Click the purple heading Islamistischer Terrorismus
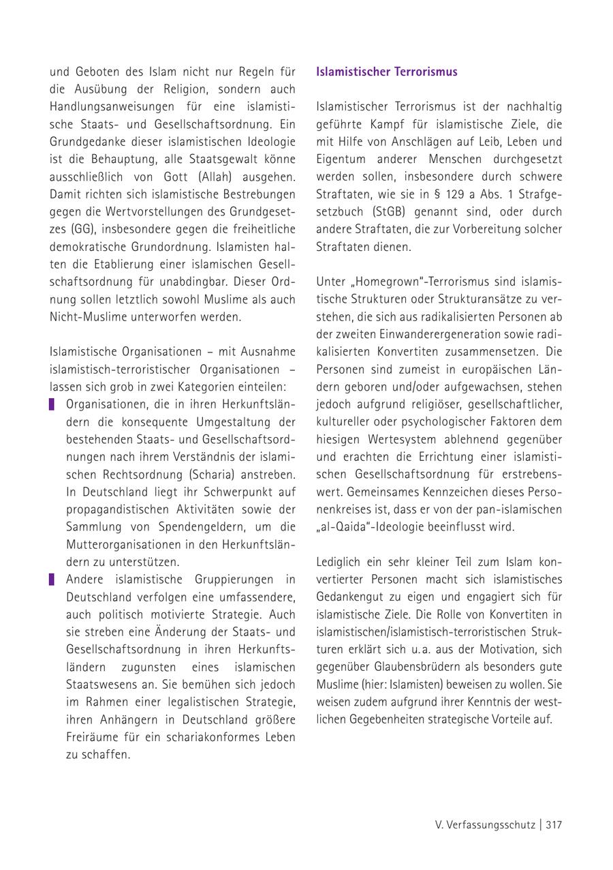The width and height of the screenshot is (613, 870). [x=386, y=72]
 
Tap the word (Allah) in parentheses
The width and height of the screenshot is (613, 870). [x=215, y=177]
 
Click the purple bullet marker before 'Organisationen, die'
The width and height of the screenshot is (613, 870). [x=52, y=404]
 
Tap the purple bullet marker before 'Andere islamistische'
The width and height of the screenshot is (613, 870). [x=52, y=580]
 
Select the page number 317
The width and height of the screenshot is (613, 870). [x=553, y=825]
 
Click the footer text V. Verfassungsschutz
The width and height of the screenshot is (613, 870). [x=486, y=825]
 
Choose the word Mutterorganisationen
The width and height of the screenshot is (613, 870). [x=123, y=545]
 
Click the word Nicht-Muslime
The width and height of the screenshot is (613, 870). [x=87, y=317]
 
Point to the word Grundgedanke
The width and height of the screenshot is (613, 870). [x=88, y=142]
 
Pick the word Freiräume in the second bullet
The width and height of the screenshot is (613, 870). [x=93, y=738]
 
